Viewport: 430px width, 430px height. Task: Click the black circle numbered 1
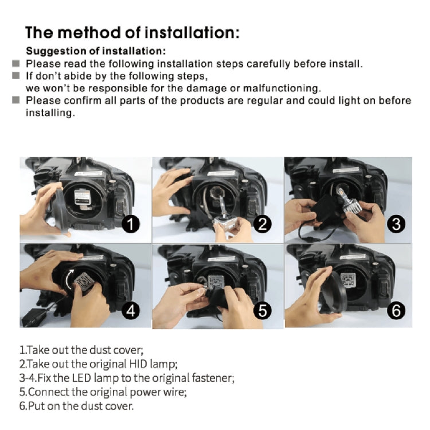[x=131, y=224]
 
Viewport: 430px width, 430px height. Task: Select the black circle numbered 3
[x=396, y=224]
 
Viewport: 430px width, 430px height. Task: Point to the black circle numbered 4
[x=131, y=311]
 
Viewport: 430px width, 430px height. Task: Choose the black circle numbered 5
[x=263, y=311]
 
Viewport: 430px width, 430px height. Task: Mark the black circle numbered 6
[x=396, y=311]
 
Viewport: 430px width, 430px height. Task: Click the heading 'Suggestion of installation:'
[x=96, y=50]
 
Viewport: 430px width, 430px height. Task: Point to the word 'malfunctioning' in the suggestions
[x=285, y=88]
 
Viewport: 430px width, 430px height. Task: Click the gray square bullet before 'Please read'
[x=17, y=64]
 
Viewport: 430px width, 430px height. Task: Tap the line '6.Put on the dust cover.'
[x=76, y=406]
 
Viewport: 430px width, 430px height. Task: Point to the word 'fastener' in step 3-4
[x=213, y=378]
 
